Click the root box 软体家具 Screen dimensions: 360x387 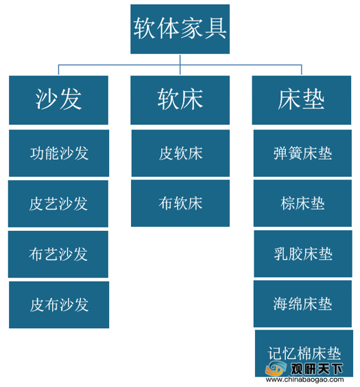[180, 29]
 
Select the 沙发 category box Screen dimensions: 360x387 [58, 100]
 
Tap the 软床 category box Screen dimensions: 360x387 [180, 100]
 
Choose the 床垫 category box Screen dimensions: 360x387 [302, 100]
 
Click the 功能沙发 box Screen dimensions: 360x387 [59, 153]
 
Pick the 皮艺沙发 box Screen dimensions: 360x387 [58, 203]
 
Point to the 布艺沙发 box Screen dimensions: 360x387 [58, 254]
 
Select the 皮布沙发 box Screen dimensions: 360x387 [59, 305]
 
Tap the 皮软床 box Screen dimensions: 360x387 [180, 153]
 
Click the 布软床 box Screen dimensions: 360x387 [180, 203]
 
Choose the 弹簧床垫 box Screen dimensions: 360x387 [302, 153]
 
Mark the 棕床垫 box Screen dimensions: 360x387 [302, 203]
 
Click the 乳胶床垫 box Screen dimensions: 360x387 [303, 253]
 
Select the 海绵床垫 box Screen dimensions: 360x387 [302, 303]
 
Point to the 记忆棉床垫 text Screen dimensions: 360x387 [304, 353]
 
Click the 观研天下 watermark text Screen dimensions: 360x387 [317, 369]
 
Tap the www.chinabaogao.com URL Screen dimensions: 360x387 [304, 379]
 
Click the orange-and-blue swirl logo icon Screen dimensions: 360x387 [276, 369]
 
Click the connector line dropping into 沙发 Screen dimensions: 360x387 [58, 70]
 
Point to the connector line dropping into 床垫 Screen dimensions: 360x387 [302, 70]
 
